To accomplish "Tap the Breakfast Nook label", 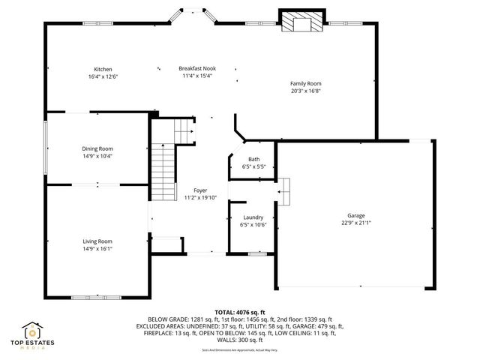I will click(x=196, y=68).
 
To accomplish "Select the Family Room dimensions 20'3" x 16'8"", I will click(x=305, y=90).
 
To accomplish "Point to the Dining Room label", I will click(x=97, y=148).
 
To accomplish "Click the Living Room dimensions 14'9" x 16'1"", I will click(x=97, y=248).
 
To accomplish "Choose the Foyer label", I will click(x=200, y=190).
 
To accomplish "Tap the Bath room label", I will click(x=254, y=159).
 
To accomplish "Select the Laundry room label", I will click(x=253, y=217).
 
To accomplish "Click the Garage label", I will click(x=355, y=215).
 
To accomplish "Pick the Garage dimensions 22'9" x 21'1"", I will click(x=355, y=223).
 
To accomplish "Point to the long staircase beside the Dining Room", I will click(x=161, y=172).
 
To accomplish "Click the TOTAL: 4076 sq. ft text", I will click(x=240, y=312).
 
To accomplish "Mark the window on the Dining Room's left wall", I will click(x=44, y=148).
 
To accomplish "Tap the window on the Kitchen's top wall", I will click(x=98, y=24).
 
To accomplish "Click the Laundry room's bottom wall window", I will click(x=257, y=254).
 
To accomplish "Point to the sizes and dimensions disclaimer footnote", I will click(x=239, y=349).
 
